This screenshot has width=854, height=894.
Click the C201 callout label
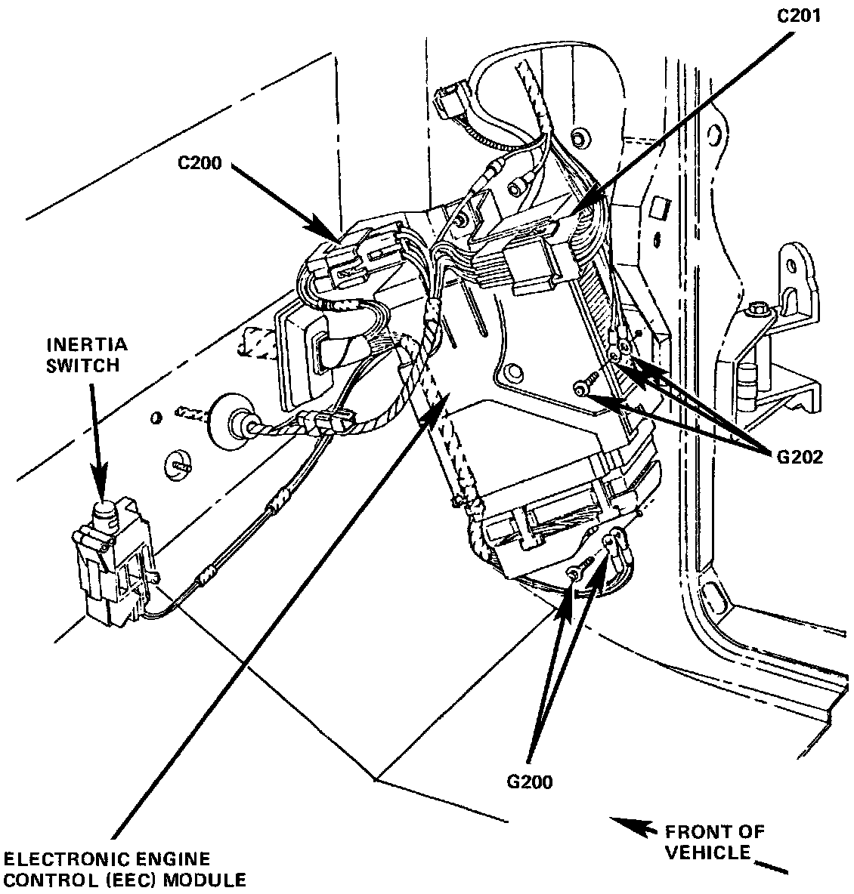tap(799, 15)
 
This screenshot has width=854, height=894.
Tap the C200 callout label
tap(200, 163)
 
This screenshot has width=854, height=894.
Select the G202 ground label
tap(800, 457)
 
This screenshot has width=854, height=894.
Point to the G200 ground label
tap(530, 781)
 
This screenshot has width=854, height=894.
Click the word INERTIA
tap(87, 345)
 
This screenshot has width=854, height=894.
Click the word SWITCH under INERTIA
tap(83, 365)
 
